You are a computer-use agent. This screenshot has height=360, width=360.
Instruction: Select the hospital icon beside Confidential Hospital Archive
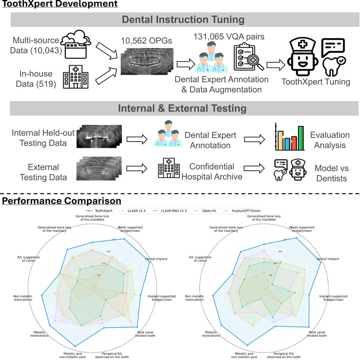(168, 169)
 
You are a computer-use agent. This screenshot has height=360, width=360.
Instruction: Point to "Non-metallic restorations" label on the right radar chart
(199, 297)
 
